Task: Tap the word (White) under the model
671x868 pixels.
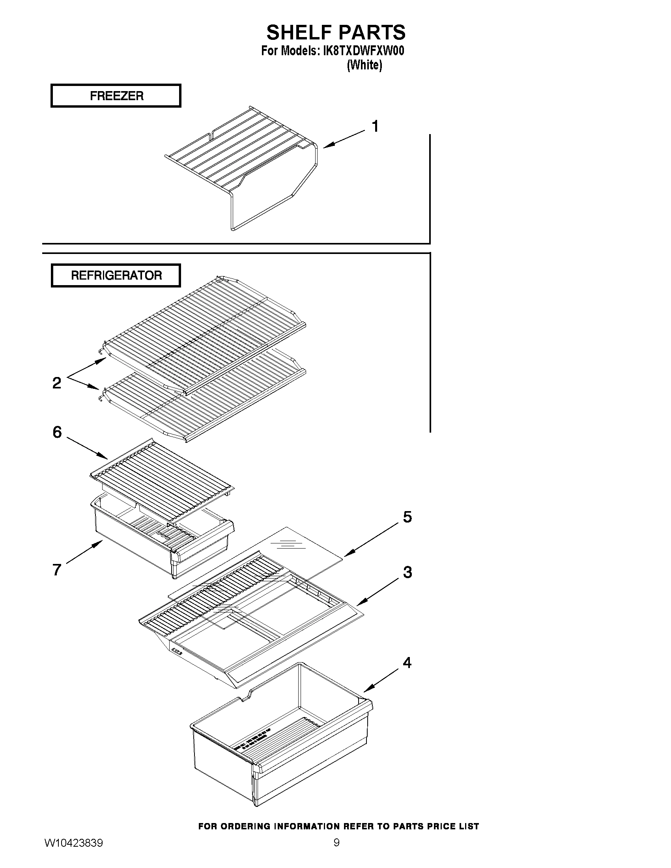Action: (364, 65)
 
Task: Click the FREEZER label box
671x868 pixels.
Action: (116, 96)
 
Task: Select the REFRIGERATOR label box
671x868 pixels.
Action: (116, 275)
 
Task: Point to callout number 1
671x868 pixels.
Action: (375, 126)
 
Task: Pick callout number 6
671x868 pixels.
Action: (57, 432)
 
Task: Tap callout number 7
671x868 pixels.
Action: (57, 569)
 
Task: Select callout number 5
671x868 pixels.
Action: (407, 517)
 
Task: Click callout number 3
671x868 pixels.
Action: (407, 572)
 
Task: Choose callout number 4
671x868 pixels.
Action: (407, 663)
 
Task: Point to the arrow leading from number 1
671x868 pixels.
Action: (344, 140)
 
